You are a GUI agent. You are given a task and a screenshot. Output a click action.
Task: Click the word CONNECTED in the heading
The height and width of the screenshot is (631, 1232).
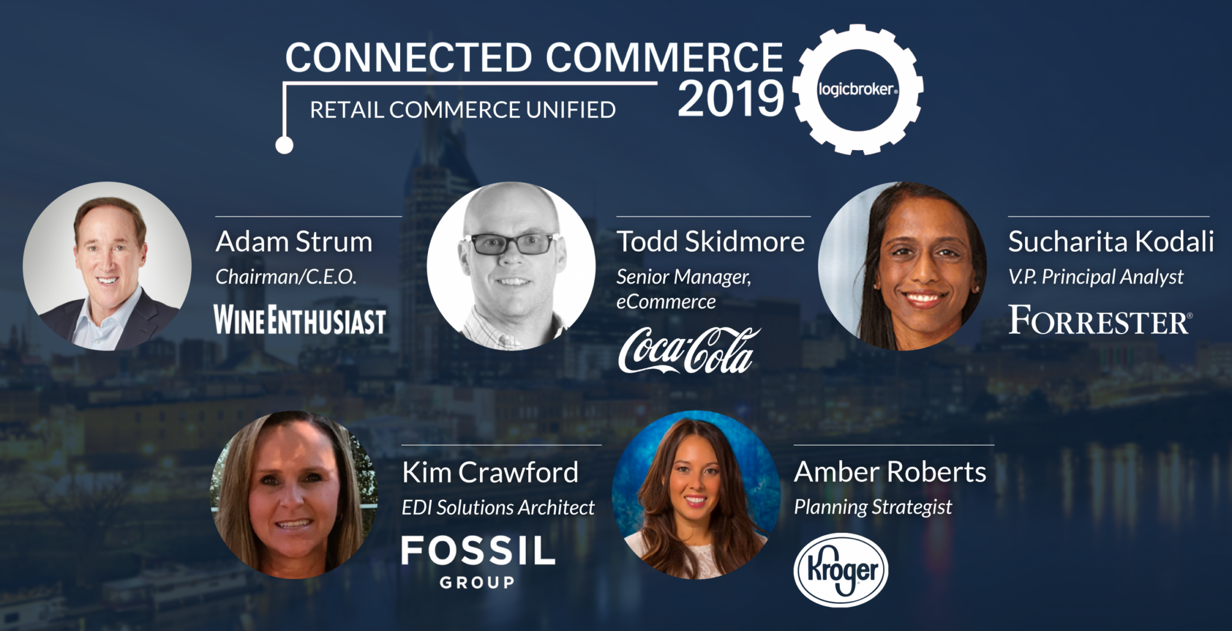point(409,57)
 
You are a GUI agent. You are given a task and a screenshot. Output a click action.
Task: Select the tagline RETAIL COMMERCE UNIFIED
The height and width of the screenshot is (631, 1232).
point(463,110)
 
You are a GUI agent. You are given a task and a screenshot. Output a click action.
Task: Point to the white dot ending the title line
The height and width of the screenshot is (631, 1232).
point(284,145)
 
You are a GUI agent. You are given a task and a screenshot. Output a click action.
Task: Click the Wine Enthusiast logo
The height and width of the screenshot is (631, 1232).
point(300,320)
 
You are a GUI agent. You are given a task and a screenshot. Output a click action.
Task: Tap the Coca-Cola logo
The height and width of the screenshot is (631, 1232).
point(689,350)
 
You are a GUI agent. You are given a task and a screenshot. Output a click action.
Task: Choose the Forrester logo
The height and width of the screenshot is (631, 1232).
point(1100,320)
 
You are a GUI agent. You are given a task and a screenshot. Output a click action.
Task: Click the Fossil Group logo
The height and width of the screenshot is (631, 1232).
point(478,562)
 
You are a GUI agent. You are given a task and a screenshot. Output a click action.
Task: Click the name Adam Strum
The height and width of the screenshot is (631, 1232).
point(294,242)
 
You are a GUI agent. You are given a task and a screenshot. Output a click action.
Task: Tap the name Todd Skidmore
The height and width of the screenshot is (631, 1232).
point(710,242)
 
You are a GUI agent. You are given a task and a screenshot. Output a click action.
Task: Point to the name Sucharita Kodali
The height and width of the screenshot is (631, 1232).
point(1111,242)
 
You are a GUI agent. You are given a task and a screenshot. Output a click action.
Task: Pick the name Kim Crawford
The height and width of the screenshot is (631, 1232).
point(490,473)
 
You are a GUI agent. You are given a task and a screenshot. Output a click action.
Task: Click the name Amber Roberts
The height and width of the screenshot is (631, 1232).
point(890,472)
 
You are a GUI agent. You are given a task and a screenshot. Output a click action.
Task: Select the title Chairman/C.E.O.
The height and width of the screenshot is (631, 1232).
point(286,277)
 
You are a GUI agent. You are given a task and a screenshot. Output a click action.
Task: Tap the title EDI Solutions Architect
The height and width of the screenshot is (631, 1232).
point(498,508)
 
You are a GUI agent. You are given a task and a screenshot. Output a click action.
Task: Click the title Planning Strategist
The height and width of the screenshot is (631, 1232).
point(873,508)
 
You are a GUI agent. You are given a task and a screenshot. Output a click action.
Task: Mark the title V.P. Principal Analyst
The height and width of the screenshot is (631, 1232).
point(1096,277)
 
